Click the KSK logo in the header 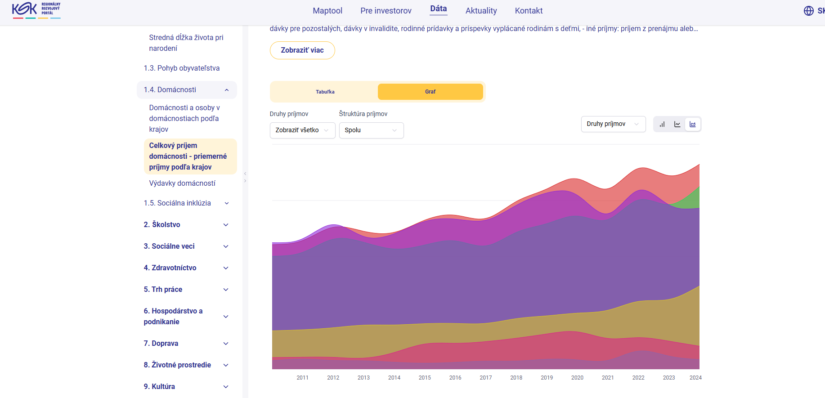point(36,10)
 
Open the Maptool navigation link point(327,11)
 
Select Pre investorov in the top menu point(386,11)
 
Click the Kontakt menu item point(529,11)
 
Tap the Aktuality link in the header point(481,11)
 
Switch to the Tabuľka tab point(325,92)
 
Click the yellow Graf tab point(430,92)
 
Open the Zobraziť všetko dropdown point(302,130)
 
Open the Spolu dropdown point(371,130)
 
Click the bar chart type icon point(662,124)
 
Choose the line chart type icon point(677,124)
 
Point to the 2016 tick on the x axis point(455,378)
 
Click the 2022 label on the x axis point(638,378)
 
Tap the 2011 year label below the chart point(302,378)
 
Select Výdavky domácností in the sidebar point(182,183)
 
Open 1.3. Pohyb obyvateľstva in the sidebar point(182,68)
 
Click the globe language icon point(809,11)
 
